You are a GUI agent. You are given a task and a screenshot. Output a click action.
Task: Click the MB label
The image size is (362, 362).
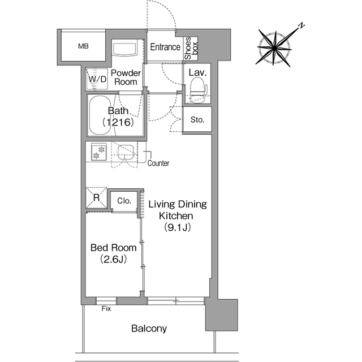pos(83,46)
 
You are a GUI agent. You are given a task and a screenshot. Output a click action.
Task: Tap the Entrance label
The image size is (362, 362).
pos(165,47)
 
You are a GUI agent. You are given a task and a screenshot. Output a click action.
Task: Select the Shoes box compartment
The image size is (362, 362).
pos(191,49)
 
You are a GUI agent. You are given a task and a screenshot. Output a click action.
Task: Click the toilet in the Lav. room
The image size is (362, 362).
pos(198,89)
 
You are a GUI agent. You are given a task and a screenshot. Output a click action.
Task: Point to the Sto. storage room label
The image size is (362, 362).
pos(197,119)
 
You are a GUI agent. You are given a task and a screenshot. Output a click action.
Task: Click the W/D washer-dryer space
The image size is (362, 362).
pos(97,79)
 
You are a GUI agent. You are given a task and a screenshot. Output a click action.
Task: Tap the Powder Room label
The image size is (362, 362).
pos(126,77)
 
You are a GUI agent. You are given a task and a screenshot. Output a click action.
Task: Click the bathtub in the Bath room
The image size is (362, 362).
pos(101,115)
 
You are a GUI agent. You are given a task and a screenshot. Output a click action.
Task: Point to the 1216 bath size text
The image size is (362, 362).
pos(118,122)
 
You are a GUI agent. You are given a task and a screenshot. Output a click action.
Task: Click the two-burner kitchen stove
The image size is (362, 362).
pos(99,152)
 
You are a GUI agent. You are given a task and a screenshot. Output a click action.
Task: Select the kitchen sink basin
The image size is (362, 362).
pos(126,153)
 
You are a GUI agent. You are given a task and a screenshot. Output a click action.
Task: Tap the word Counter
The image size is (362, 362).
pos(158,163)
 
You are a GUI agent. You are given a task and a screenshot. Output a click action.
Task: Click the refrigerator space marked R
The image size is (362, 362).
pos(97,197)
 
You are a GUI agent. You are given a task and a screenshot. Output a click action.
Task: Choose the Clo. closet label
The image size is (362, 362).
pos(124,201)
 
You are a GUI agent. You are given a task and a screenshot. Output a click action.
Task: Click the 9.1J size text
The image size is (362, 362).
pos(177,227)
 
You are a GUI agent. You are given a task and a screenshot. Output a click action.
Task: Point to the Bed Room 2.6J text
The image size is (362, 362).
pos(113,253)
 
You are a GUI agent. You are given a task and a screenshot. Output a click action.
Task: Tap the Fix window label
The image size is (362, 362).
pos(106,309)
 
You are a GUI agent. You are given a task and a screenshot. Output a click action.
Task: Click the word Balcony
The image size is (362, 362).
pos(149,328)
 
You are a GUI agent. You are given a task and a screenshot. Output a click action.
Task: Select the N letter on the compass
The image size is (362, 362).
pos(301,25)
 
